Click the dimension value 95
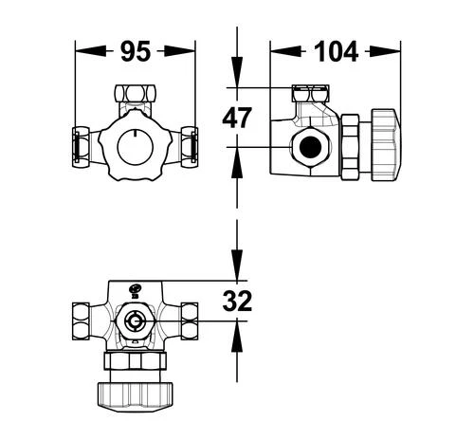136,51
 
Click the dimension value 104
336,51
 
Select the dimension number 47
237,118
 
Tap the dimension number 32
237,301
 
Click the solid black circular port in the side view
310,147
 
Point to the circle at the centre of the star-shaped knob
135,147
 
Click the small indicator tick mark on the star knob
135,134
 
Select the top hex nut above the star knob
135,93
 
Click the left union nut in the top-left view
81,147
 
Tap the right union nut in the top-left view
190,147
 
